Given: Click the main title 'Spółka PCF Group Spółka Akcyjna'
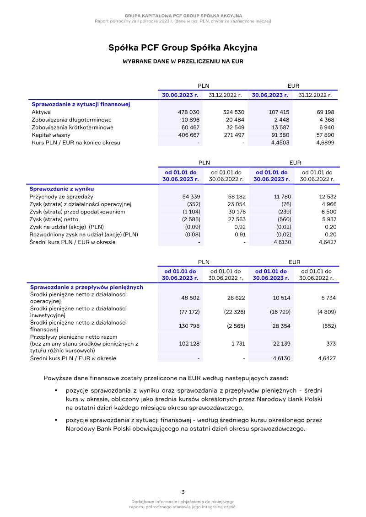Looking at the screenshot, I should [x=183, y=48].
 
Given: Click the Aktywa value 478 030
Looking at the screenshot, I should [x=188, y=112].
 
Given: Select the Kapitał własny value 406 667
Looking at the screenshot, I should [x=188, y=135].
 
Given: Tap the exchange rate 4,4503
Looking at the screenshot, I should [x=280, y=143].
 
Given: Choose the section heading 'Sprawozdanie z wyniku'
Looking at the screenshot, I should [x=61, y=188].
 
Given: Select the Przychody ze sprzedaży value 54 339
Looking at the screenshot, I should [x=191, y=196].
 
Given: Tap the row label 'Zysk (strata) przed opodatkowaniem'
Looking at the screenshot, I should [x=77, y=212].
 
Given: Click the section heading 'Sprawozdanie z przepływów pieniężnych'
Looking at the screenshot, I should [x=86, y=287].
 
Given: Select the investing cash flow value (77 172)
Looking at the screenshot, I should [x=189, y=312].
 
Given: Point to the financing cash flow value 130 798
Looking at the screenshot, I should [x=189, y=326].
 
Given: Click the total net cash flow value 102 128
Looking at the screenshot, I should [x=189, y=344].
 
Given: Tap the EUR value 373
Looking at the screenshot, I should [x=331, y=344].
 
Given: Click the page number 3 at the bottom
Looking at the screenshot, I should [x=183, y=492].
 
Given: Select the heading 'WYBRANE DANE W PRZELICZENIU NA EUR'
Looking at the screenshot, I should [x=183, y=61].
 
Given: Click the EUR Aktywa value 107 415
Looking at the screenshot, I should [x=279, y=112].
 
